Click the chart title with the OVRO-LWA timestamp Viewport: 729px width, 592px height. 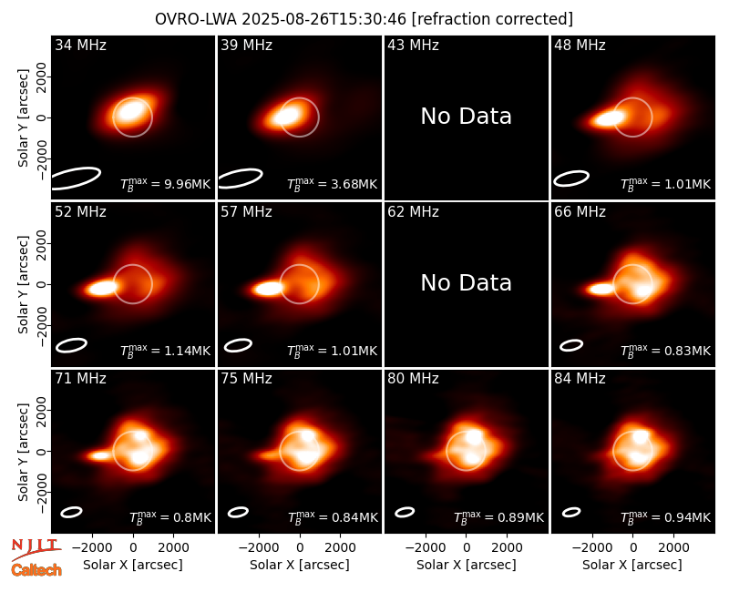coord(364,19)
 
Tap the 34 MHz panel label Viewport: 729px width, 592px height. coord(80,45)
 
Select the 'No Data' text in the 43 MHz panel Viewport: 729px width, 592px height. coord(466,116)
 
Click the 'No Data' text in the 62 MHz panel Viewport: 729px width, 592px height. coord(466,282)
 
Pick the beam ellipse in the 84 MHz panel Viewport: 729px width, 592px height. coord(571,512)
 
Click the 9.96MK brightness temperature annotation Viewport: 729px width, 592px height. coord(166,184)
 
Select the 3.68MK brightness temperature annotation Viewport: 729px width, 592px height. coord(332,184)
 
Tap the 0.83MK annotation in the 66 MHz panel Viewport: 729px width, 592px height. coord(666,351)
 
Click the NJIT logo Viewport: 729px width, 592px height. coord(36,549)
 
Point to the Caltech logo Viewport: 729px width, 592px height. coord(36,570)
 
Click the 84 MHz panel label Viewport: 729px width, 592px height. coord(580,379)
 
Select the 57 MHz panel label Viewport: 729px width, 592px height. coord(246,212)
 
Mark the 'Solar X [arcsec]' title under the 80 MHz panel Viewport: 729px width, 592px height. coord(466,565)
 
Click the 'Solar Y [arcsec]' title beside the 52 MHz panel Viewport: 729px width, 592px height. coord(23,284)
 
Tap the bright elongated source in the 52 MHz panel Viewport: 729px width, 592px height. coord(102,288)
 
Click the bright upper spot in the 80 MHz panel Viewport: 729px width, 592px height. coord(474,436)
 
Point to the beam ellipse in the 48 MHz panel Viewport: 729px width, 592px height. coord(571,179)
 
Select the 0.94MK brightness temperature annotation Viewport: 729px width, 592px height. coord(666,517)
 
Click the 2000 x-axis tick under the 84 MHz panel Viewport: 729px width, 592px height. coord(673,548)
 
